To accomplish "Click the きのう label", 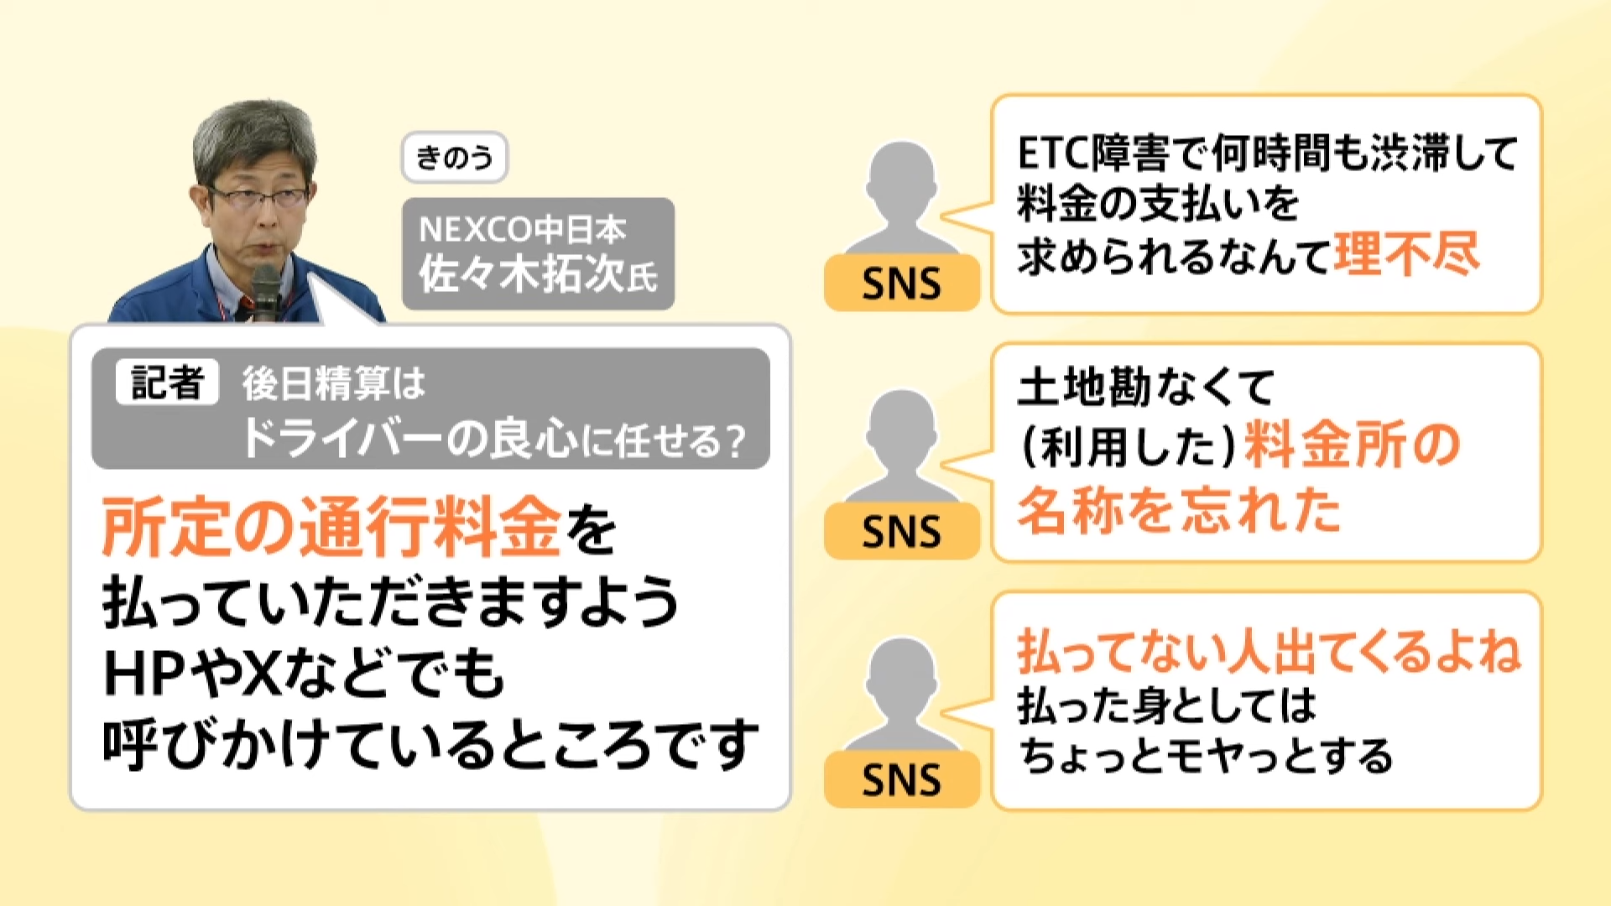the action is coord(454,157).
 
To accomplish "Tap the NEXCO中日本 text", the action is coord(522,229).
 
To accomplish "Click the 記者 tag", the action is coord(167,383).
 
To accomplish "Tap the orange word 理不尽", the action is coord(1406,254).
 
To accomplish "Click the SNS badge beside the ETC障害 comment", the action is coord(901,284).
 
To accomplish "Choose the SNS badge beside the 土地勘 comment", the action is coord(901,532).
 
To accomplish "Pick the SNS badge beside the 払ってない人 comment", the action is coord(901,780).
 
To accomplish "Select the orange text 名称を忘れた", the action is coord(1179,510).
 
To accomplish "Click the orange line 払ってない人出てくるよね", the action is coord(1269,652).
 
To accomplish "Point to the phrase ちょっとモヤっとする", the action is coord(1206,755).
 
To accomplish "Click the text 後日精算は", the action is coord(334,384).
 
